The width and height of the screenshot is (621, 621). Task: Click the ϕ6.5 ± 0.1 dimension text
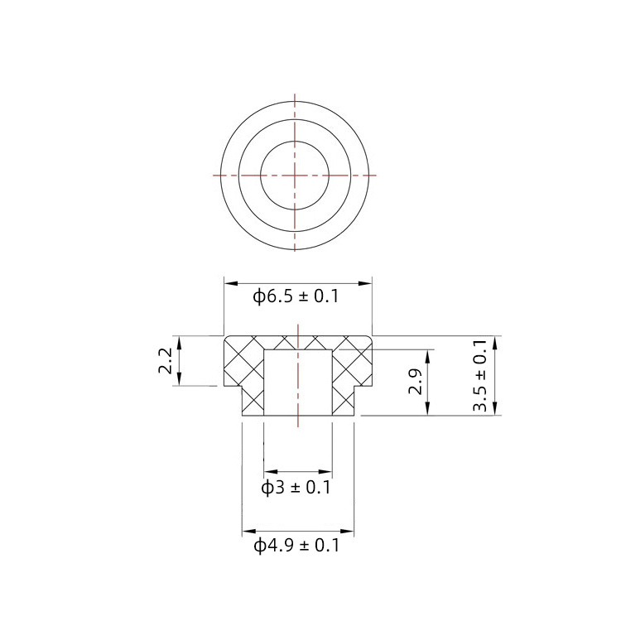click(x=296, y=296)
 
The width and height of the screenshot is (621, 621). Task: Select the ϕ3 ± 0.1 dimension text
click(x=296, y=488)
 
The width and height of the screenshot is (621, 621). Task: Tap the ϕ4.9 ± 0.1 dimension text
click(x=296, y=546)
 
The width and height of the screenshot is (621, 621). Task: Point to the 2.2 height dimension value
click(x=165, y=362)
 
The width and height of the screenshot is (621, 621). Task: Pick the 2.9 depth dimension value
click(x=416, y=382)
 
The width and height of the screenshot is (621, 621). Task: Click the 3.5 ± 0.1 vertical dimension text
click(x=480, y=376)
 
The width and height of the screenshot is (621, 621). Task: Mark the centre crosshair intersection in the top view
click(x=296, y=175)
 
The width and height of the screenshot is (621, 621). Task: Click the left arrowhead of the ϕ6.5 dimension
click(x=229, y=282)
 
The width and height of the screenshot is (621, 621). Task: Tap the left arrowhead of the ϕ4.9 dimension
click(x=246, y=532)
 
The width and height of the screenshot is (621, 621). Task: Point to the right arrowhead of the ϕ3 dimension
click(x=328, y=473)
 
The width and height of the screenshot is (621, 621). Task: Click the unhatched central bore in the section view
click(x=297, y=381)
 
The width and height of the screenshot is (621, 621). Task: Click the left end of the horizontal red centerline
click(x=214, y=175)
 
